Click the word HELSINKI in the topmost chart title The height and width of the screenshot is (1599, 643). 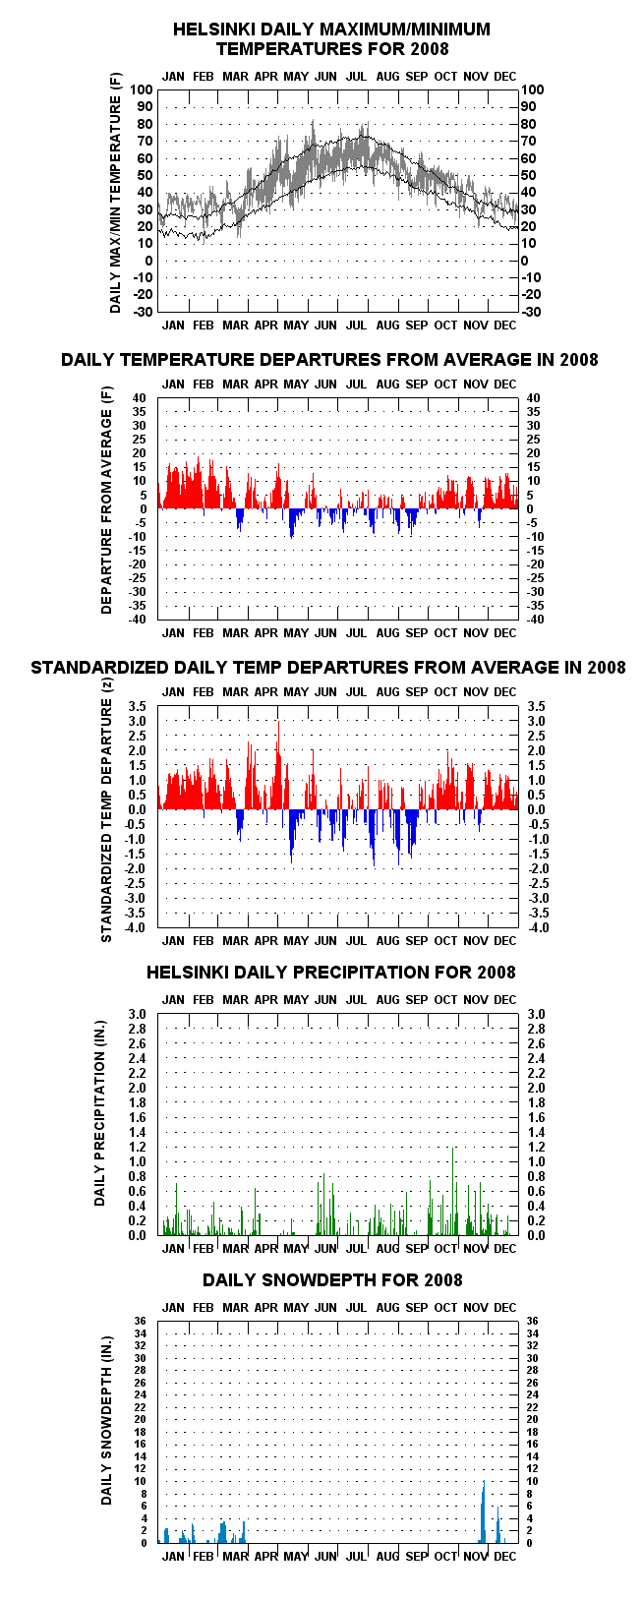click(206, 30)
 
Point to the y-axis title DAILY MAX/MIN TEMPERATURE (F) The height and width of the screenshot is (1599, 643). click(116, 193)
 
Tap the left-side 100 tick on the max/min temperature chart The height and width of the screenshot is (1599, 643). click(142, 89)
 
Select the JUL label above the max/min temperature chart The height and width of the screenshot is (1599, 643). click(356, 77)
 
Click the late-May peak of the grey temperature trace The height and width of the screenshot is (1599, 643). click(313, 121)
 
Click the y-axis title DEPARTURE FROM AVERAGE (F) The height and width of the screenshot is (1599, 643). click(107, 501)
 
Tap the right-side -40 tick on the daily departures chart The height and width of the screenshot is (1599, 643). click(535, 620)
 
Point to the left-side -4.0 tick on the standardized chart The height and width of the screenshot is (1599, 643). click(137, 928)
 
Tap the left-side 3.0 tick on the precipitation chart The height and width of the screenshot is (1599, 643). click(137, 1014)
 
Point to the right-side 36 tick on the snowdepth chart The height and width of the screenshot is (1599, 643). click(532, 1322)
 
